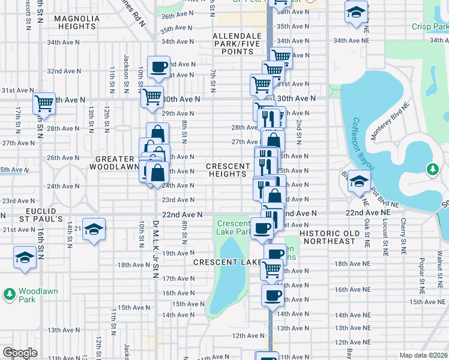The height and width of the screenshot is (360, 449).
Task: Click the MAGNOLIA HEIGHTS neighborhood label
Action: click(76, 23)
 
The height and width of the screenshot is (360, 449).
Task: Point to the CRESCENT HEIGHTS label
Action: click(228, 170)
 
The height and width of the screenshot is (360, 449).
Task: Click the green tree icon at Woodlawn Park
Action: click(9, 294)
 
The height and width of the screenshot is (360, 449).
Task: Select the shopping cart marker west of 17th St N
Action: click(44, 103)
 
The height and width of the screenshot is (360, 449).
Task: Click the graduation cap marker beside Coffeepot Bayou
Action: click(359, 181)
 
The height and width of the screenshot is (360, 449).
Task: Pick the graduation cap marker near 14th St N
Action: click(94, 229)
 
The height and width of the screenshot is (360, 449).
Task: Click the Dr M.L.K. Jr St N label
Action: click(154, 250)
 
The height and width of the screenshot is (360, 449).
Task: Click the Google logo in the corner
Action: click(20, 353)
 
